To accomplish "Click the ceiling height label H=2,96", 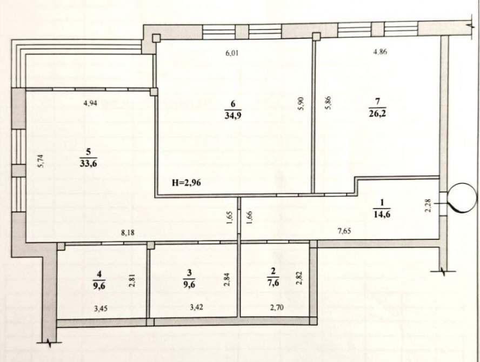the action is [x=186, y=183].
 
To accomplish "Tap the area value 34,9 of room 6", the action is [x=233, y=116].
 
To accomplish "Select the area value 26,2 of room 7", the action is [x=377, y=113].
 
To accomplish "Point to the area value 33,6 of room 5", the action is [x=89, y=163].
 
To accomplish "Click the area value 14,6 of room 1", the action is [x=382, y=214].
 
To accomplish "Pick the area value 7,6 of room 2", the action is [x=274, y=283].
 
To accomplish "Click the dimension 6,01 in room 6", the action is [x=232, y=53].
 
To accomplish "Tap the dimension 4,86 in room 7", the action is [x=380, y=52].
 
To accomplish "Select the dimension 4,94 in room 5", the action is [x=90, y=103].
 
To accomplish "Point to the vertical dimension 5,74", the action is [x=41, y=161].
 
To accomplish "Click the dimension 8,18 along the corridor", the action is [x=128, y=233].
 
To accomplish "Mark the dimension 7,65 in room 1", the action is [x=344, y=231].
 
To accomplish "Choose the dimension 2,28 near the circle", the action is [x=428, y=205].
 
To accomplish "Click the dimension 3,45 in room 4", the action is [x=101, y=309].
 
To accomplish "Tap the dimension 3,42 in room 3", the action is [x=197, y=307].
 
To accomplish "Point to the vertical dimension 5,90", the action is [x=301, y=104].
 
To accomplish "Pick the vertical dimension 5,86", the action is [x=328, y=103].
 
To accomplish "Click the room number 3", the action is [x=190, y=272].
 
